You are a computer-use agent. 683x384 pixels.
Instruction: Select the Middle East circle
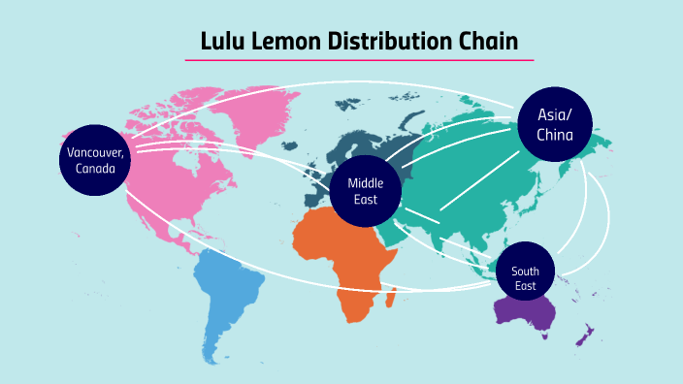click(x=366, y=191)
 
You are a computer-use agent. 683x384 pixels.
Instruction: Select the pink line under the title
click(x=359, y=60)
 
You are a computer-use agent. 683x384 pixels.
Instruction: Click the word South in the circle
click(x=526, y=272)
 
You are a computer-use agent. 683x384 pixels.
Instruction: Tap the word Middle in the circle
click(x=366, y=183)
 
